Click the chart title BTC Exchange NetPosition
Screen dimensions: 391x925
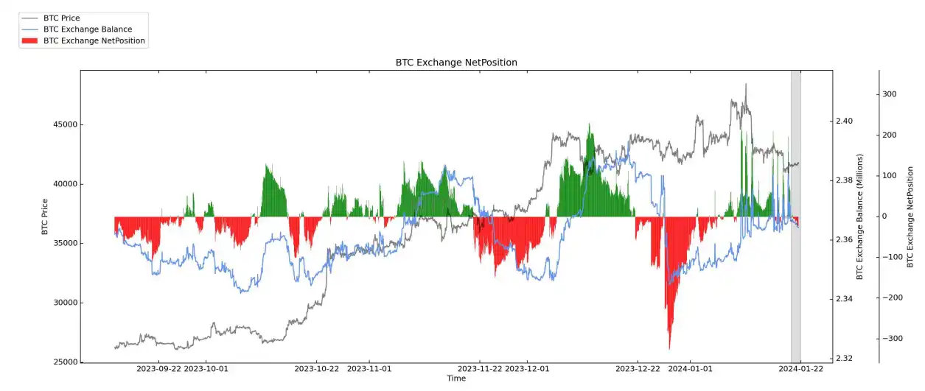coord(456,63)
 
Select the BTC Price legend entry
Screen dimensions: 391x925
coord(62,17)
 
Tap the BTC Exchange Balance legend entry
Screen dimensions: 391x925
coord(88,29)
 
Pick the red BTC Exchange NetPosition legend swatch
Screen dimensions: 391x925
coord(30,41)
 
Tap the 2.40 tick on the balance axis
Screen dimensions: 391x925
coord(844,121)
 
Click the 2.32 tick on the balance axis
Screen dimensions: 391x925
coord(844,359)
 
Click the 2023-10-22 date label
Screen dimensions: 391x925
coord(316,368)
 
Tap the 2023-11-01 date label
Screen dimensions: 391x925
coord(369,368)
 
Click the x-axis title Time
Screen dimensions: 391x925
coord(456,378)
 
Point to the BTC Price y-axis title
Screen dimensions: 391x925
coord(45,216)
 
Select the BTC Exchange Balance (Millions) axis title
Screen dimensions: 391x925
coord(860,216)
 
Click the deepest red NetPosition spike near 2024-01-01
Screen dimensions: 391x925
coord(669,346)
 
